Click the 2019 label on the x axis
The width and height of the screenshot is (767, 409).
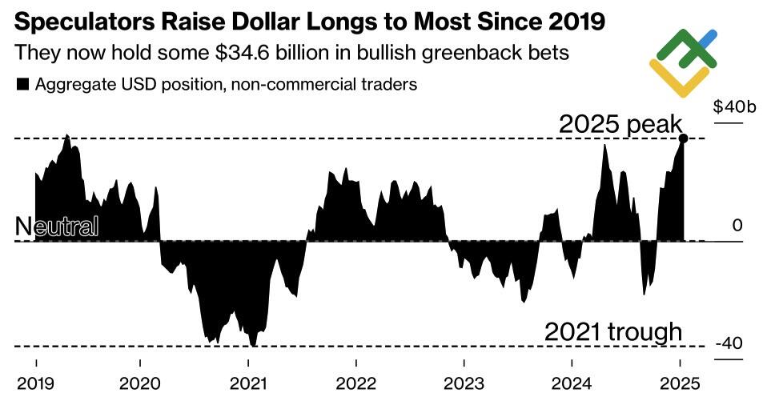[36, 383]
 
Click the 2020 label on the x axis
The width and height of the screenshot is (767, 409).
[141, 383]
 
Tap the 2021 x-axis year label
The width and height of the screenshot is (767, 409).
[248, 383]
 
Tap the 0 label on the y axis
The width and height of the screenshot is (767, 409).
[738, 225]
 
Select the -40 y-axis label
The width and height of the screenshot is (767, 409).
[731, 343]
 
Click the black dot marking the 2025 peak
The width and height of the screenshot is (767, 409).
[683, 138]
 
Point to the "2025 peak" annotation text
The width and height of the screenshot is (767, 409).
[620, 124]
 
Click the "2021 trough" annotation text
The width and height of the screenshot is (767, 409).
[613, 331]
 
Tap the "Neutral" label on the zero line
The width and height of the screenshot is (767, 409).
[57, 227]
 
